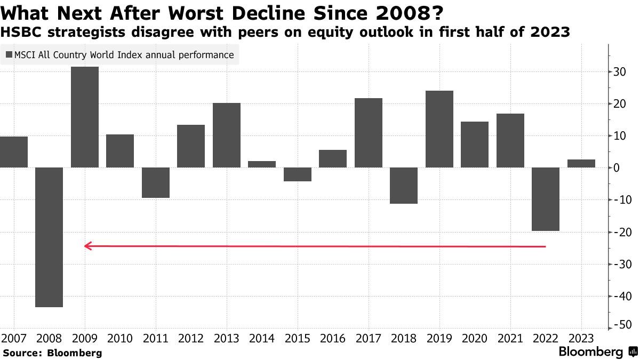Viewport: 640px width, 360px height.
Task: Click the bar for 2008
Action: click(x=49, y=237)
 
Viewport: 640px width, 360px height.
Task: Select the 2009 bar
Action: click(x=85, y=117)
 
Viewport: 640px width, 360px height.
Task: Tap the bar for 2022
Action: click(x=546, y=199)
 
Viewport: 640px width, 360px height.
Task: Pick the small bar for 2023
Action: click(x=581, y=163)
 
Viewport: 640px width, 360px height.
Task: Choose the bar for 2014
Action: click(x=262, y=164)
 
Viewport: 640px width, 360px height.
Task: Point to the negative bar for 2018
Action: click(x=404, y=185)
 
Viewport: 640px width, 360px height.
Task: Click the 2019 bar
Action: click(x=439, y=129)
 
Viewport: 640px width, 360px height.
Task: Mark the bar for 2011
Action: click(x=156, y=182)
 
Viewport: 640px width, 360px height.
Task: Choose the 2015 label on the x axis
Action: click(x=297, y=338)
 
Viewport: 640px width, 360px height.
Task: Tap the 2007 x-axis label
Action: click(x=13, y=338)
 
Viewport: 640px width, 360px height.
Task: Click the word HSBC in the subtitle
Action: click(x=17, y=33)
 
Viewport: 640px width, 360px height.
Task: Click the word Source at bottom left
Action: click(x=22, y=353)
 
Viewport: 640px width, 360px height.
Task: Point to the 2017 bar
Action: click(x=369, y=133)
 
